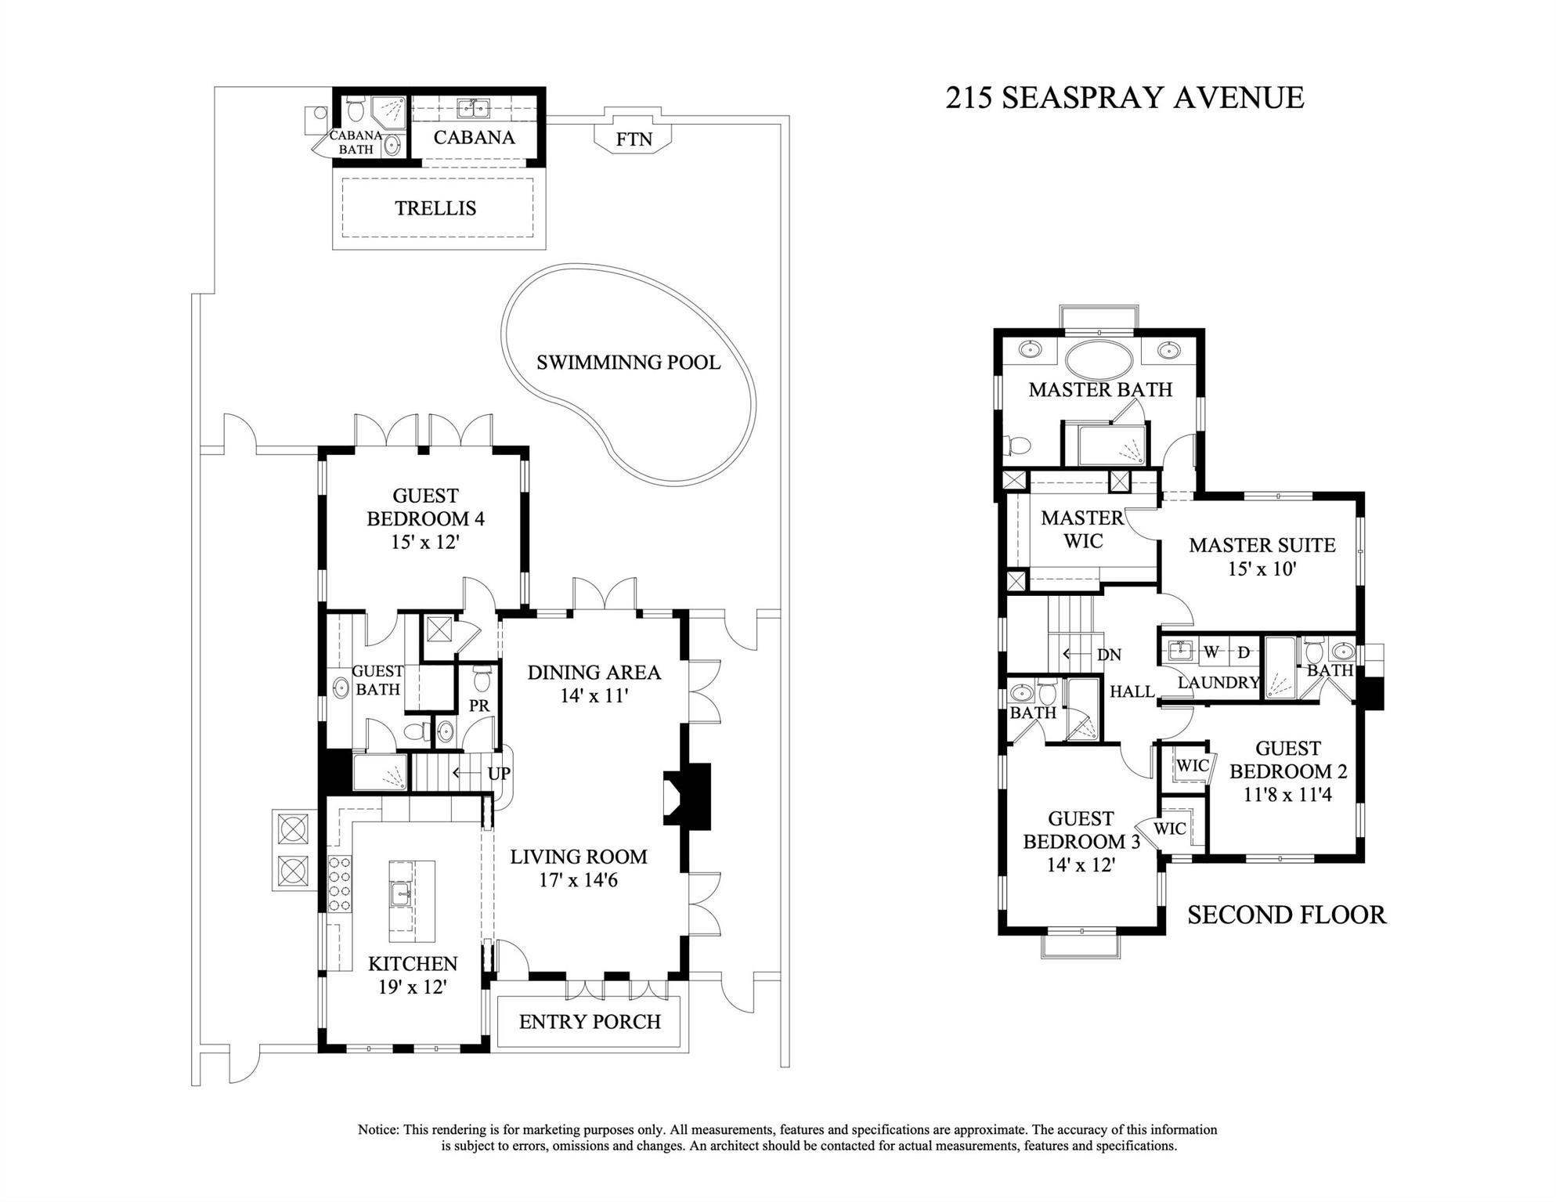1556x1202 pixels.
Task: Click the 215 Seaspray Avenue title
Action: click(1125, 98)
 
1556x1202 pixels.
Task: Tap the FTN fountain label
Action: click(634, 139)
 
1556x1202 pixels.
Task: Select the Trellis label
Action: click(435, 208)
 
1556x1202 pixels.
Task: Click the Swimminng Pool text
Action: click(628, 363)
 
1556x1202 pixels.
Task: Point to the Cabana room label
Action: click(474, 138)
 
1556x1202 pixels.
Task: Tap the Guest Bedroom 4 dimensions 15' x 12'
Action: click(425, 542)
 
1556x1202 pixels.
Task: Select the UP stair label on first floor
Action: click(499, 774)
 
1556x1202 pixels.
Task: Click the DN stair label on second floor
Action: click(1109, 655)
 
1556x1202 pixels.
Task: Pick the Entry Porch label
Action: click(590, 1022)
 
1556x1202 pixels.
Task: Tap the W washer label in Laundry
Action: click(1211, 652)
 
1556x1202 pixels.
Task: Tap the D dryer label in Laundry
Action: click(1244, 652)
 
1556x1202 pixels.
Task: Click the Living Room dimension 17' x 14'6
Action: click(578, 880)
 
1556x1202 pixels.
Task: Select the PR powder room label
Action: click(479, 706)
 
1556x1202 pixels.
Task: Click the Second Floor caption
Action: click(1286, 915)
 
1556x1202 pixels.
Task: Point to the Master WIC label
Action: click(1082, 529)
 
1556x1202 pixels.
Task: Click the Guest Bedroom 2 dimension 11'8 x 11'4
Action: click(1287, 795)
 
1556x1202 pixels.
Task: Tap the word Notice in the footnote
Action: click(378, 1130)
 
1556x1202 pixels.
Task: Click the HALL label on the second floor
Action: click(1132, 691)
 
